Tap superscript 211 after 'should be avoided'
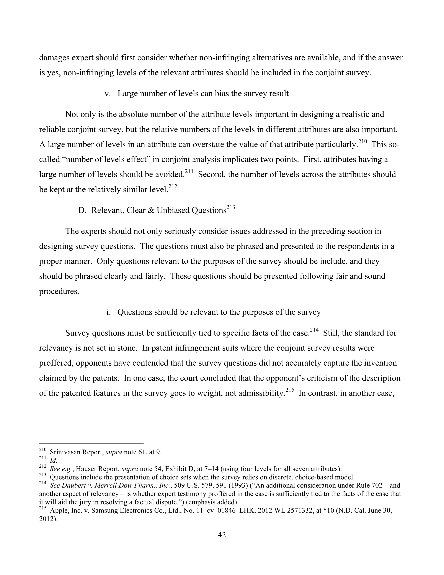tap(189, 171)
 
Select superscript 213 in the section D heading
tap(231, 207)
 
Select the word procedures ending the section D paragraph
tap(59, 291)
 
